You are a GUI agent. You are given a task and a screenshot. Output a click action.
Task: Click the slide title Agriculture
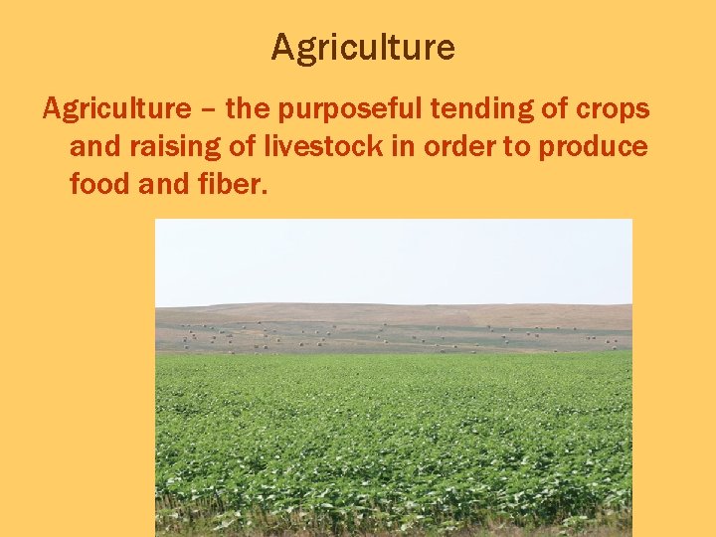(362, 47)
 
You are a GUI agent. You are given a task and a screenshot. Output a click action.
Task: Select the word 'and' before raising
(92, 146)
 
